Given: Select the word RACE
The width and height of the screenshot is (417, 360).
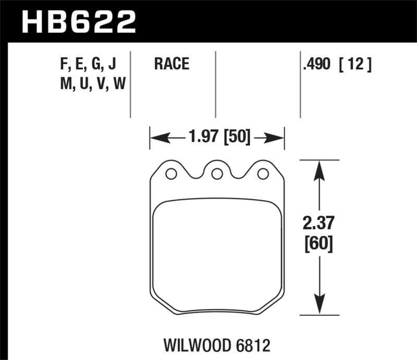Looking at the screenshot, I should pos(171,65).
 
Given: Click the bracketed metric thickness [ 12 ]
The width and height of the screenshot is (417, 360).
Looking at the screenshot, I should pos(355,65).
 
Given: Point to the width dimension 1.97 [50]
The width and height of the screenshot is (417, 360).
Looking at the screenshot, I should pos(217,138).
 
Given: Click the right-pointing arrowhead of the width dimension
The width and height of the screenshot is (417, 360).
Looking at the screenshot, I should pos(278,138).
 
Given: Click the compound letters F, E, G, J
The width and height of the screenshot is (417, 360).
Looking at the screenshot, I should pos(88,65).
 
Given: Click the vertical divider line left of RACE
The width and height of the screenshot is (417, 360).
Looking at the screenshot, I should pos(130,83).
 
